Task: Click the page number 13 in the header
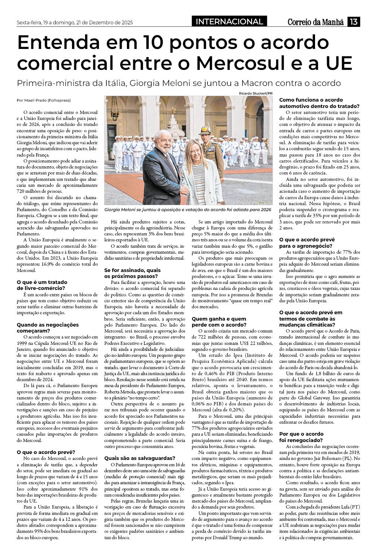(x=353, y=22)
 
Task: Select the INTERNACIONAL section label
(x=229, y=22)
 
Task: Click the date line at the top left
(x=75, y=22)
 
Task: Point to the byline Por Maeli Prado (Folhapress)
(x=44, y=100)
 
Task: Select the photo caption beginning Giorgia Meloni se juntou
(x=188, y=210)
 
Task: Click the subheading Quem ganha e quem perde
(x=219, y=322)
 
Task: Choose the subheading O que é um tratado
(x=42, y=285)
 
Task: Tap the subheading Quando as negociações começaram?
(x=48, y=328)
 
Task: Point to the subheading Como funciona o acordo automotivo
(x=319, y=103)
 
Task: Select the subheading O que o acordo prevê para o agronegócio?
(x=307, y=243)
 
